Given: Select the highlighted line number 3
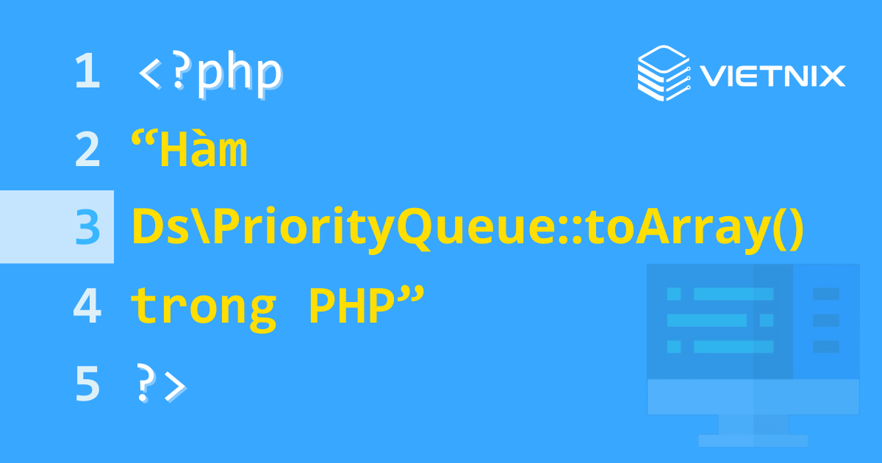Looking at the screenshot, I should [87, 227].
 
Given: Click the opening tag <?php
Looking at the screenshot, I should [210, 73].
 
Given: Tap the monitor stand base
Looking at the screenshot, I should [753, 440].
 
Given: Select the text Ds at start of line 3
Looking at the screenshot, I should [155, 227].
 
